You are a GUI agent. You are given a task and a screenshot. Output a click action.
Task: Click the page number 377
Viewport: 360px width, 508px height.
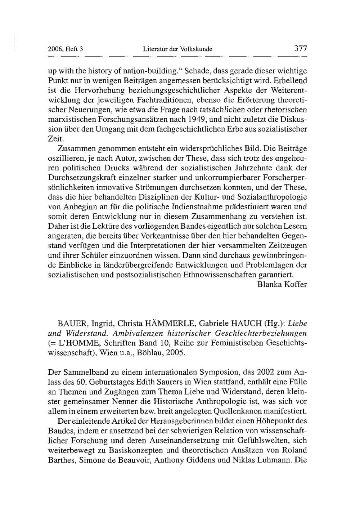300,48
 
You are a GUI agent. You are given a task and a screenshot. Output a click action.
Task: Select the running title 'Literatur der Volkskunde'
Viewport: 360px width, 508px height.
177,49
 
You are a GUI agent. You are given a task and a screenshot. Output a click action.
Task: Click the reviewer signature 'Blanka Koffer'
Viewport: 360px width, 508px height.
283,285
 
